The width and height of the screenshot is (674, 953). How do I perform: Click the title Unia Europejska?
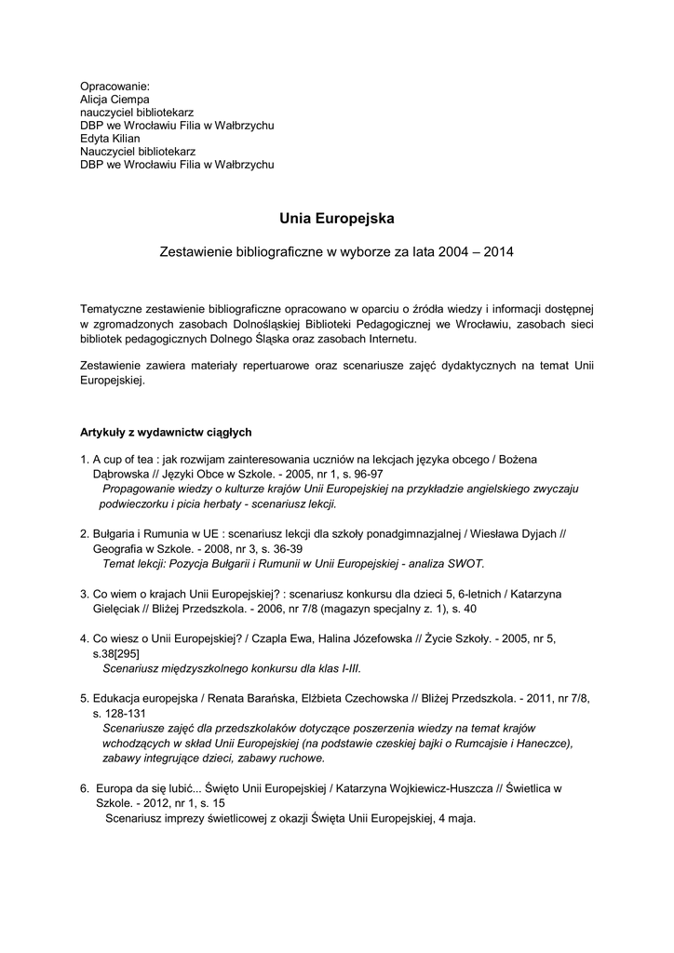click(x=337, y=219)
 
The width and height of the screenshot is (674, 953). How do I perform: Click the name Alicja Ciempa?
click(x=115, y=99)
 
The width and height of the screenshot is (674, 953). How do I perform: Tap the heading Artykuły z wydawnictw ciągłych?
click(x=166, y=432)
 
